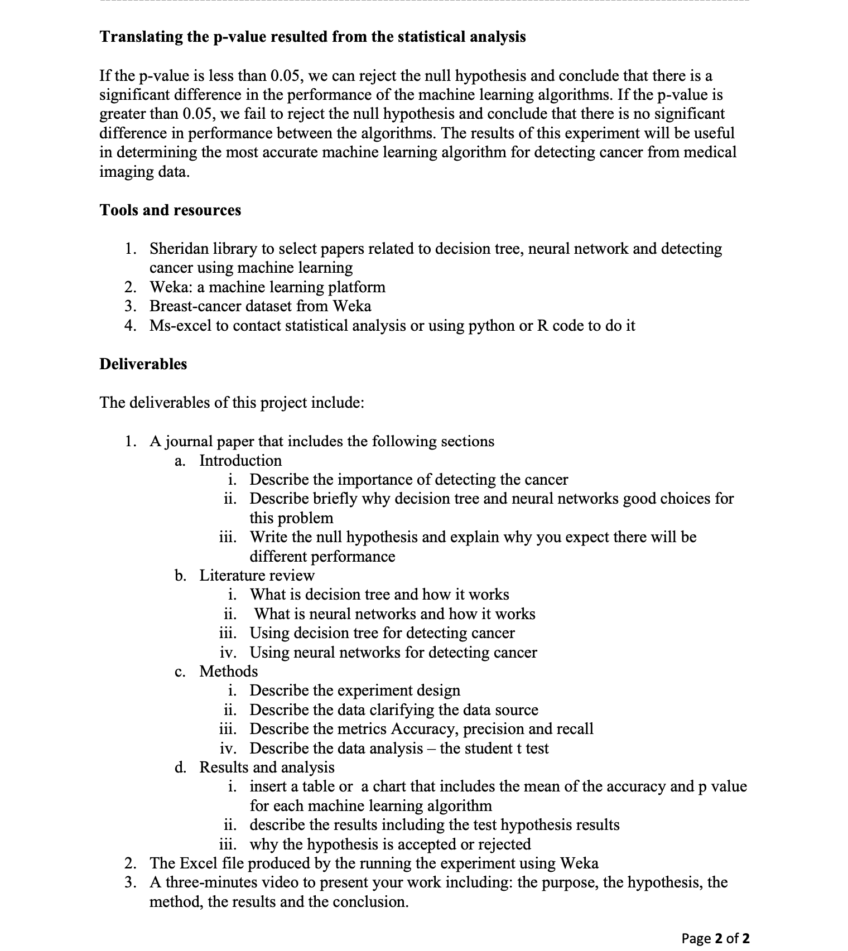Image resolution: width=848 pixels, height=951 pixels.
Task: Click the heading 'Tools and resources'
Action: tap(170, 210)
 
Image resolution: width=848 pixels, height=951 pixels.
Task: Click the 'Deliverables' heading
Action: tap(143, 364)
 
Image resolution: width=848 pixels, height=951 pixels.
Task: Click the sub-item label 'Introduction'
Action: tap(240, 461)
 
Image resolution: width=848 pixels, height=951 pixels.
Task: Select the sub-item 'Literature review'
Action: tap(257, 576)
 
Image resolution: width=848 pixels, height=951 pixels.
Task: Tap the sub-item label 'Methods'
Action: tap(229, 672)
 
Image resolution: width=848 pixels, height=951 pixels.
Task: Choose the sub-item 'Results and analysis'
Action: tap(267, 767)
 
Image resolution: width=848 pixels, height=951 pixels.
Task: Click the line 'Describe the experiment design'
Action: tap(355, 691)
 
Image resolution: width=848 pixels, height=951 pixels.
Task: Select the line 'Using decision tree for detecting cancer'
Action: tap(382, 633)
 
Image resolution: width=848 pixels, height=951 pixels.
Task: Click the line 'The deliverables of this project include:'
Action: tap(232, 403)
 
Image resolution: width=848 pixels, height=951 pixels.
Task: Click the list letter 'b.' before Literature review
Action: tap(180, 576)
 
